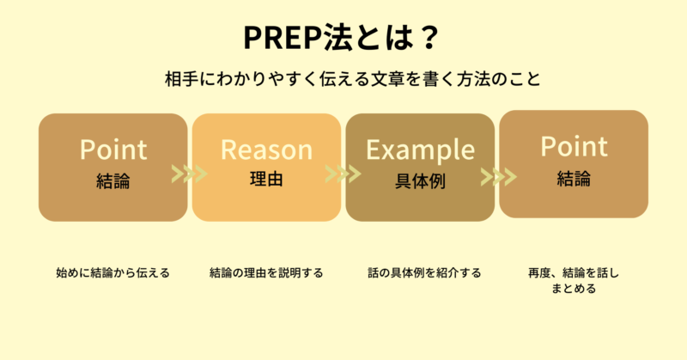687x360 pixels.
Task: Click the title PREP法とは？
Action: click(x=341, y=38)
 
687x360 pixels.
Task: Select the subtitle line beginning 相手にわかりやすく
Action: click(x=353, y=79)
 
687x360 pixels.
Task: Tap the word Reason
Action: click(x=266, y=149)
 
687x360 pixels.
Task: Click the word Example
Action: click(x=420, y=151)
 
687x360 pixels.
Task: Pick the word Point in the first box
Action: click(x=113, y=149)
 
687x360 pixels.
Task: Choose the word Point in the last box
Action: click(x=574, y=146)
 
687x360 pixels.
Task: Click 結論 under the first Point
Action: click(x=113, y=181)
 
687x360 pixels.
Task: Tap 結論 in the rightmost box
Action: click(x=574, y=179)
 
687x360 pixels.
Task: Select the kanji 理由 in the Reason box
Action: click(x=266, y=179)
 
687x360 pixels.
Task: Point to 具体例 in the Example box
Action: click(x=420, y=181)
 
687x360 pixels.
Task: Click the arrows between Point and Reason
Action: click(x=189, y=174)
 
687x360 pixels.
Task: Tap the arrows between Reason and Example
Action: click(x=343, y=174)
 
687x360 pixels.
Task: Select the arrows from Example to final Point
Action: click(x=499, y=177)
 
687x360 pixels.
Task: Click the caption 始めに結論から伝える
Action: click(x=113, y=272)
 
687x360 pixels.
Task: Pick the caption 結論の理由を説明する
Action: click(x=266, y=272)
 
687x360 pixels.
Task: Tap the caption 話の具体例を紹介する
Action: click(x=424, y=272)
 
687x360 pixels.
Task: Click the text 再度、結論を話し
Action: click(x=574, y=272)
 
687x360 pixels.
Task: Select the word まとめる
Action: click(x=574, y=289)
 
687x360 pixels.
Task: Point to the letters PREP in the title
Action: click(x=283, y=38)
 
